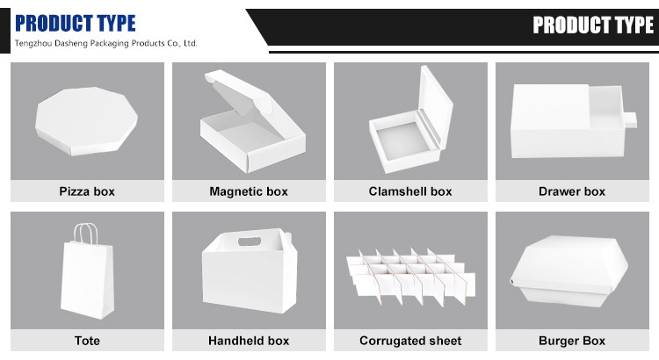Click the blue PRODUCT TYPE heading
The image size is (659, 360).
point(76,23)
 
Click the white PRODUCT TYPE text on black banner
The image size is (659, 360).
point(593,25)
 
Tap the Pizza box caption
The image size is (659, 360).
point(87,191)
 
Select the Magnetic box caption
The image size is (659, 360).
point(249,191)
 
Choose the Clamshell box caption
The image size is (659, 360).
point(410,191)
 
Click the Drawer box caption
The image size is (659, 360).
point(572,191)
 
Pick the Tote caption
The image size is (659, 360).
point(87,341)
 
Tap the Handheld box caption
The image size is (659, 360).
point(249,341)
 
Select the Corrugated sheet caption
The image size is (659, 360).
point(410,341)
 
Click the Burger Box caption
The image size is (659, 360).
point(572,341)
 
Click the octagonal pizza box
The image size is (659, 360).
point(87,121)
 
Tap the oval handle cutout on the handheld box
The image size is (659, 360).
point(250,241)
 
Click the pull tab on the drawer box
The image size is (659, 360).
point(630,119)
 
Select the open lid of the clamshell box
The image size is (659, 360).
point(437,105)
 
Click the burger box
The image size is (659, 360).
point(569,271)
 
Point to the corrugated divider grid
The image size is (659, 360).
point(411,275)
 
